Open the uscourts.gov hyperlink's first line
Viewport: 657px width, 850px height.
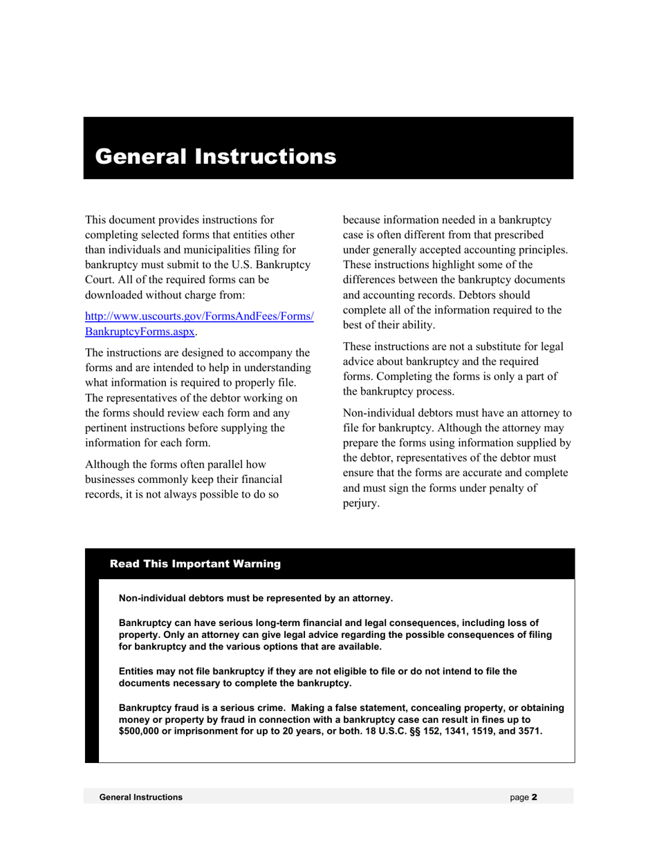tap(199, 317)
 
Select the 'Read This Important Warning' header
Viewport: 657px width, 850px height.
tap(195, 564)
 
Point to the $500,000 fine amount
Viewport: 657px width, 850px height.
tap(139, 731)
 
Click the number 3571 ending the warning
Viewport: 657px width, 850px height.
tap(528, 731)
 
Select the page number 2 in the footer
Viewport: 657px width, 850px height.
tap(535, 797)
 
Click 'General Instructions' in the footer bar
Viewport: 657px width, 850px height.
tap(141, 797)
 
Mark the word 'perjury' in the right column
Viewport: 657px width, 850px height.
tap(360, 503)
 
